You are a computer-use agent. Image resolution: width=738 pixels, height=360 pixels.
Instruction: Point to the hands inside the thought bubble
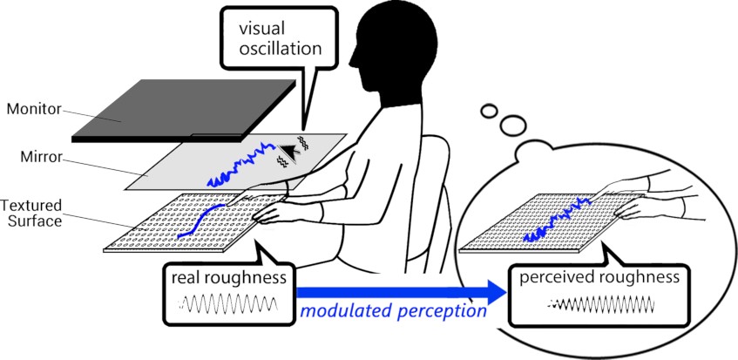(x=662, y=196)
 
